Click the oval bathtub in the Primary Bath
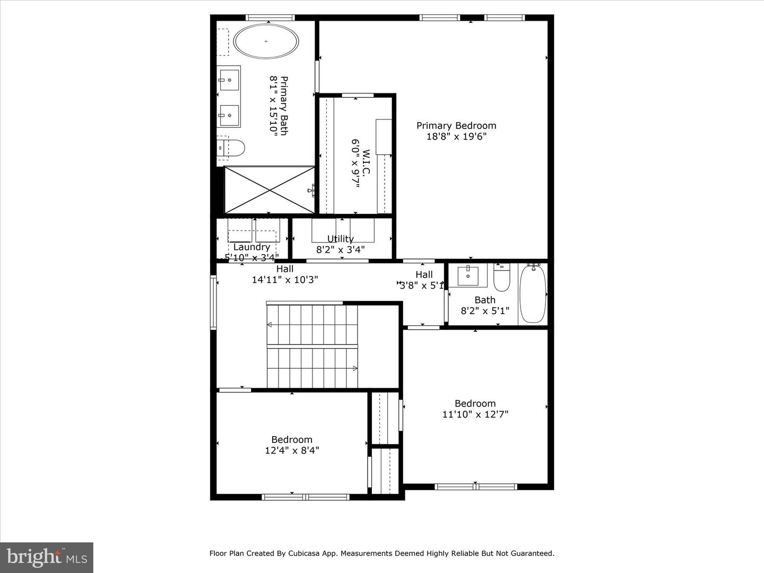click(266, 41)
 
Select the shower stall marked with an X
click(270, 190)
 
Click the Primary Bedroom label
click(456, 126)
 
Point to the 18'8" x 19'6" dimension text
click(456, 137)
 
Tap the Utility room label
click(340, 239)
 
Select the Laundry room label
click(251, 247)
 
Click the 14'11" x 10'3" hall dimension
click(285, 280)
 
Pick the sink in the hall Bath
click(468, 276)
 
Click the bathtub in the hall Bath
click(533, 294)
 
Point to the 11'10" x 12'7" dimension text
click(475, 414)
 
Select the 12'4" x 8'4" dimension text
click(292, 450)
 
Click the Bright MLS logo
click(47, 557)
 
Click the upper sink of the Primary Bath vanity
click(229, 80)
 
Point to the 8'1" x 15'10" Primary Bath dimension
click(274, 106)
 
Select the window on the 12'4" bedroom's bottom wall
click(306, 497)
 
